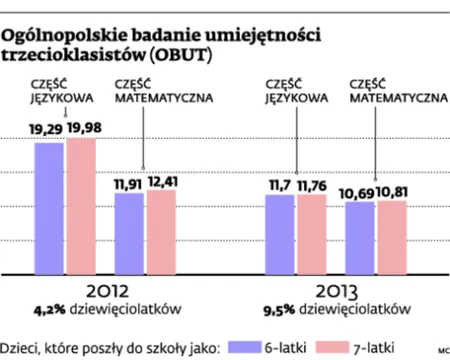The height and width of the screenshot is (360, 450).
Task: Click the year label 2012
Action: point(105,290)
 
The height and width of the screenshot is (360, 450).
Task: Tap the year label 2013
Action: point(337,290)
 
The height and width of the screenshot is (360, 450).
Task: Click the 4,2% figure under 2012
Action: point(48,309)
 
